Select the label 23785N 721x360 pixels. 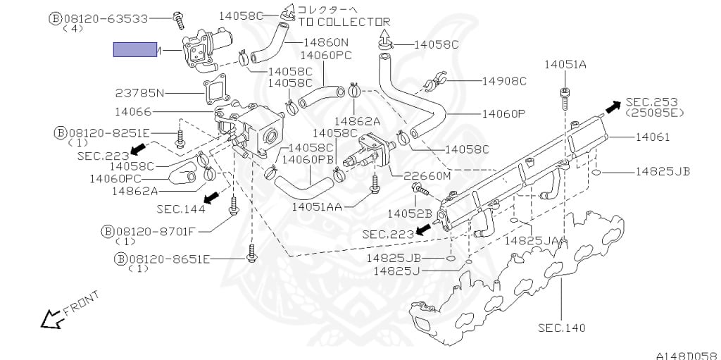(139, 92)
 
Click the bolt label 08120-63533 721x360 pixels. (109, 18)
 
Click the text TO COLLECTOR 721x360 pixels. (344, 22)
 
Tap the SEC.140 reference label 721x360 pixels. (561, 328)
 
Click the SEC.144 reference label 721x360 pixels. (181, 209)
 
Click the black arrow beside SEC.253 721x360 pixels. (613, 106)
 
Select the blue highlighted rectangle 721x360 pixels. (135, 49)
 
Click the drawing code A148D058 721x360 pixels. (686, 355)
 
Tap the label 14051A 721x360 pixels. (565, 65)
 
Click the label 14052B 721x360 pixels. (409, 213)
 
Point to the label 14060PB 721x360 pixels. (308, 159)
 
